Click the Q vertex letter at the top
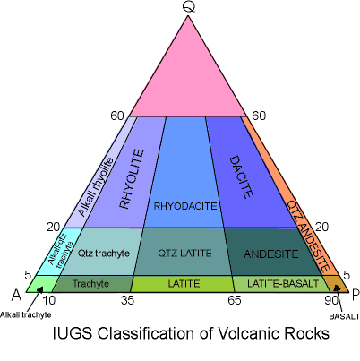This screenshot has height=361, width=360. point(189,6)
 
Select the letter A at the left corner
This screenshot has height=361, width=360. point(17,296)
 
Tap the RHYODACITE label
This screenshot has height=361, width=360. point(185,206)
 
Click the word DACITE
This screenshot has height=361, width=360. point(241,177)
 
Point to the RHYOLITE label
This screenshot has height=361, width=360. point(132,179)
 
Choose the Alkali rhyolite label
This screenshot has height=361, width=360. point(96,187)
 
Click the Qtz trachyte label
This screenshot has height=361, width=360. point(104,254)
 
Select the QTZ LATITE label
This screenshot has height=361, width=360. point(184,254)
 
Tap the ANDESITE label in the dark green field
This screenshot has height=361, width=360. point(271,254)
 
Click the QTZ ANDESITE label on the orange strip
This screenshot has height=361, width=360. point(308,236)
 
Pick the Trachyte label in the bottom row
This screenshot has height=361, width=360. point(90,283)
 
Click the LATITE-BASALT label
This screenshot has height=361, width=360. point(283,283)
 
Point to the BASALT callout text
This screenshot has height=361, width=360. point(345,316)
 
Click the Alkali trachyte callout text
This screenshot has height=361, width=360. point(26,314)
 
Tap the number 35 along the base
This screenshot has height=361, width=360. point(127,301)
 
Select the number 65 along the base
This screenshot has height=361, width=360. point(235,300)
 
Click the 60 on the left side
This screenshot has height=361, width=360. point(117,116)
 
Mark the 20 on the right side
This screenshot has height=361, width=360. point(321,228)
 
